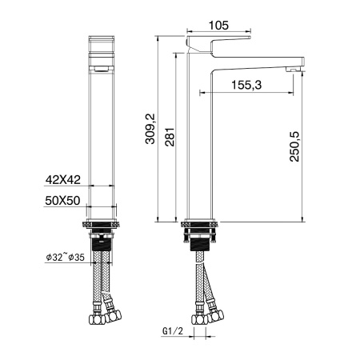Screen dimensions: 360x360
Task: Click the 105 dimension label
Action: [218, 25]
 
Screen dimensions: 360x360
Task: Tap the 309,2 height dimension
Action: [143, 129]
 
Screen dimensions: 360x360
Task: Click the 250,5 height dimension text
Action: [294, 146]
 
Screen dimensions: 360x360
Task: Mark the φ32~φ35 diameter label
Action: [66, 258]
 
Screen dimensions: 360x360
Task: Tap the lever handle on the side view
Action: [218, 41]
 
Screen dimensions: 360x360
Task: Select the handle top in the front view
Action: [100, 45]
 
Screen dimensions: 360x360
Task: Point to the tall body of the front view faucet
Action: [100, 144]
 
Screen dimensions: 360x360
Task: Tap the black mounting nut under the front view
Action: [101, 241]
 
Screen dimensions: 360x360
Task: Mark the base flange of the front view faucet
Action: [101, 222]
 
